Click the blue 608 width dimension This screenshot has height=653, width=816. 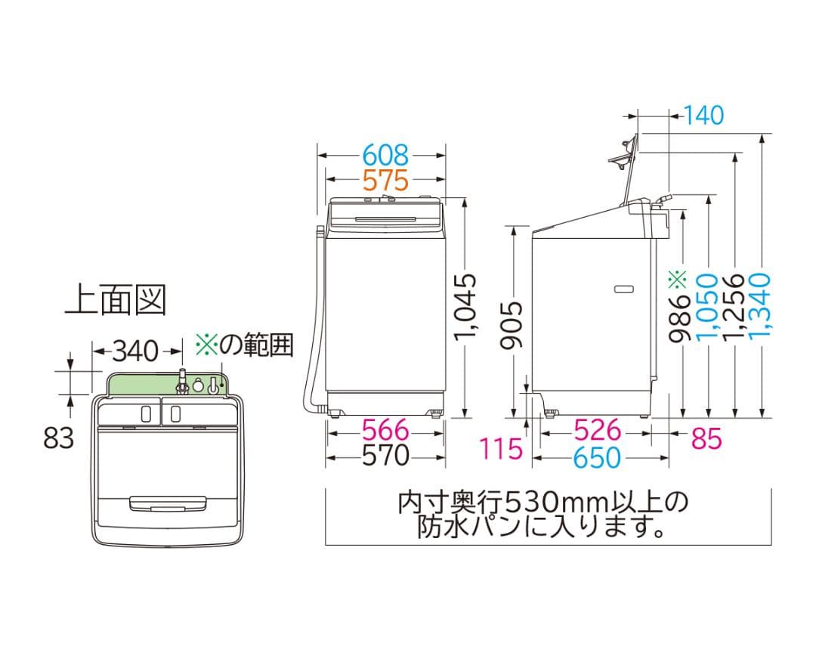(385, 156)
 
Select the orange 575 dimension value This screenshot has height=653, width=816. (385, 181)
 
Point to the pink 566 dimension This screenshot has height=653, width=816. (385, 431)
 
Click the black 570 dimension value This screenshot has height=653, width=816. (385, 456)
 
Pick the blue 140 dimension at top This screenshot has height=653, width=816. (703, 115)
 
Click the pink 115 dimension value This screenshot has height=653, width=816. (501, 449)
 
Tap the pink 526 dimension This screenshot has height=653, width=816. (597, 431)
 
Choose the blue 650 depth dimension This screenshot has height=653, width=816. (597, 457)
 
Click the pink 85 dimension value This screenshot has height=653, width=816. (706, 438)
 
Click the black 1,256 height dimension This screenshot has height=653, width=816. (734, 306)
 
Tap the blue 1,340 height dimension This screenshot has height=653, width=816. (762, 306)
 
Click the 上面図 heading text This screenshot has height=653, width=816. (114, 300)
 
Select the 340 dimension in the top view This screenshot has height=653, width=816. (137, 351)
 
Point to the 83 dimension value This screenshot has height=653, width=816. (59, 437)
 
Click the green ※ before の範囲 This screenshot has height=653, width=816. (206, 345)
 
